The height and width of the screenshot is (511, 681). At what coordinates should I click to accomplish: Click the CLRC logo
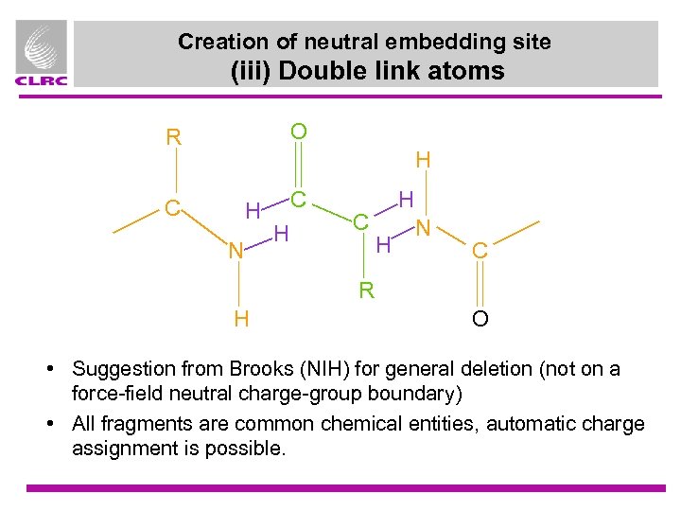pos(42,54)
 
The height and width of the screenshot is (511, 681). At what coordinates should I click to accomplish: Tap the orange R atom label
pos(173,137)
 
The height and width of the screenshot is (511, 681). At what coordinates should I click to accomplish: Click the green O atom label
pos(298,131)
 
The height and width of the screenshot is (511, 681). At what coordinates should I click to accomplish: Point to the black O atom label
pos(480,319)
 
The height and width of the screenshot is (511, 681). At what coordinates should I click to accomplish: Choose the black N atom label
pos(425,228)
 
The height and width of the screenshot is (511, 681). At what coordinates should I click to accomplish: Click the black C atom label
pos(480,252)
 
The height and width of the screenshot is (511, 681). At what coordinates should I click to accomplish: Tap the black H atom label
pos(424,161)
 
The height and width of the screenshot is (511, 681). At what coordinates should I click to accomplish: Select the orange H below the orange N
pos(241,319)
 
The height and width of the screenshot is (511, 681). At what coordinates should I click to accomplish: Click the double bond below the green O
pos(298,167)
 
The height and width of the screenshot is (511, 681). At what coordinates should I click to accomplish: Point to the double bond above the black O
pos(480,285)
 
